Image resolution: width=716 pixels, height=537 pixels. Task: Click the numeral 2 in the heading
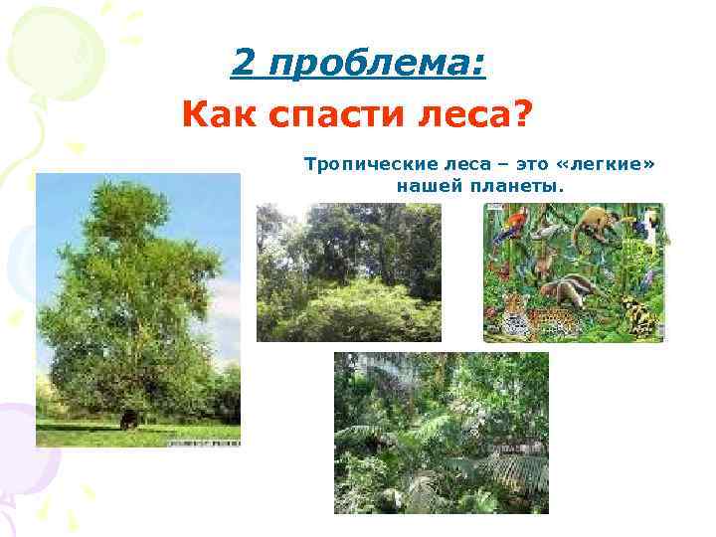point(243,65)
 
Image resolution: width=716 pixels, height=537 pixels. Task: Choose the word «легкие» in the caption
point(610,163)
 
